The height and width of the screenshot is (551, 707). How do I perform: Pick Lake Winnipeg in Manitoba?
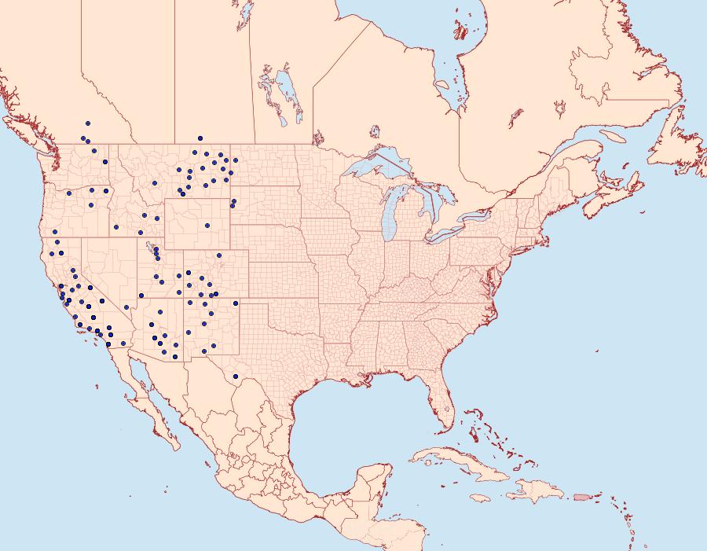pyautogui.click(x=286, y=94)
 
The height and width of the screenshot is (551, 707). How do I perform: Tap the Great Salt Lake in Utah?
pyautogui.click(x=156, y=252)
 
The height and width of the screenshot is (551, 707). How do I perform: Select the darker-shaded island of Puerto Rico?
pyautogui.click(x=582, y=497)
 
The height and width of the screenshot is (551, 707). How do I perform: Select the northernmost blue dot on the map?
pyautogui.click(x=88, y=123)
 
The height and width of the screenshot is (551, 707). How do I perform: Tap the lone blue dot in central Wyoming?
pyautogui.click(x=207, y=226)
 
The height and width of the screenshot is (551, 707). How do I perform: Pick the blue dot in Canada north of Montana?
pyautogui.click(x=200, y=138)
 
